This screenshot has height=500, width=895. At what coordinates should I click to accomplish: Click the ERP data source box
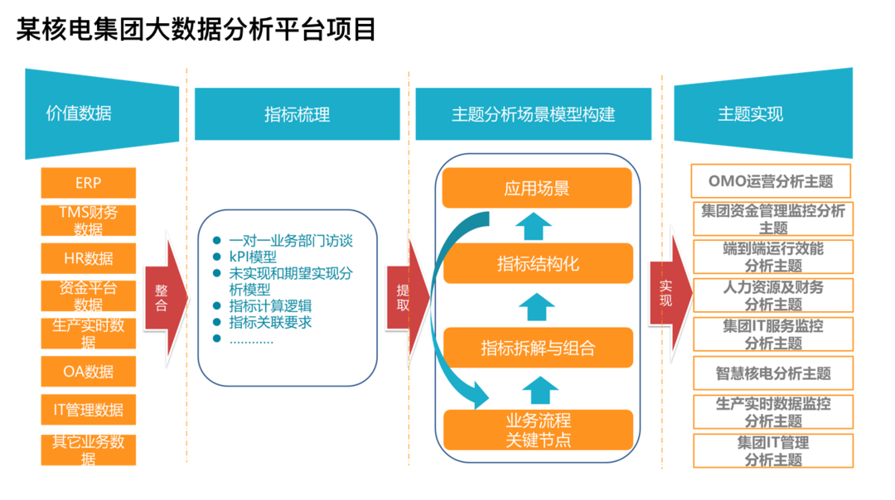point(89,183)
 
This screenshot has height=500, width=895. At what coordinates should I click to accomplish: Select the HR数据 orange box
point(89,258)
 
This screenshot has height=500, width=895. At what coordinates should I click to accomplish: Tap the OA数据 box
point(89,372)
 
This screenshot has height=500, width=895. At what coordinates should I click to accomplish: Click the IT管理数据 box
point(89,410)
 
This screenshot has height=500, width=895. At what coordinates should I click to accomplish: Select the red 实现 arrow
point(670,294)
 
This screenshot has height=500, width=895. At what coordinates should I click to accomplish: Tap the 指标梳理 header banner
point(297,114)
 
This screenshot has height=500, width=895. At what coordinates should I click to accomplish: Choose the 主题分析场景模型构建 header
point(533,114)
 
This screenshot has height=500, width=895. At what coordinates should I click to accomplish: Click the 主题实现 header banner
point(762,113)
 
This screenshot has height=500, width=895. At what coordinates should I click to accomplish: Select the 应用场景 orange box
point(536,188)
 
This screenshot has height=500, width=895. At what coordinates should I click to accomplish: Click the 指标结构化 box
point(537,264)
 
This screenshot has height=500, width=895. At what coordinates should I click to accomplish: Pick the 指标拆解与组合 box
point(537,348)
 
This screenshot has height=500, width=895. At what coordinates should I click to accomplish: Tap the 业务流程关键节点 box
point(537,430)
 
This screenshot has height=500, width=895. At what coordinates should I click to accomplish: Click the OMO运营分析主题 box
point(772,180)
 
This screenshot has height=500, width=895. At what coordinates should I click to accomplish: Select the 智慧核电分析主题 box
point(772,373)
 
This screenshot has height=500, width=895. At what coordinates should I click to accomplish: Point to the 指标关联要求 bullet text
point(270,322)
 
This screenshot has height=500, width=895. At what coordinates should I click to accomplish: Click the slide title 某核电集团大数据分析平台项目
point(196,29)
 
